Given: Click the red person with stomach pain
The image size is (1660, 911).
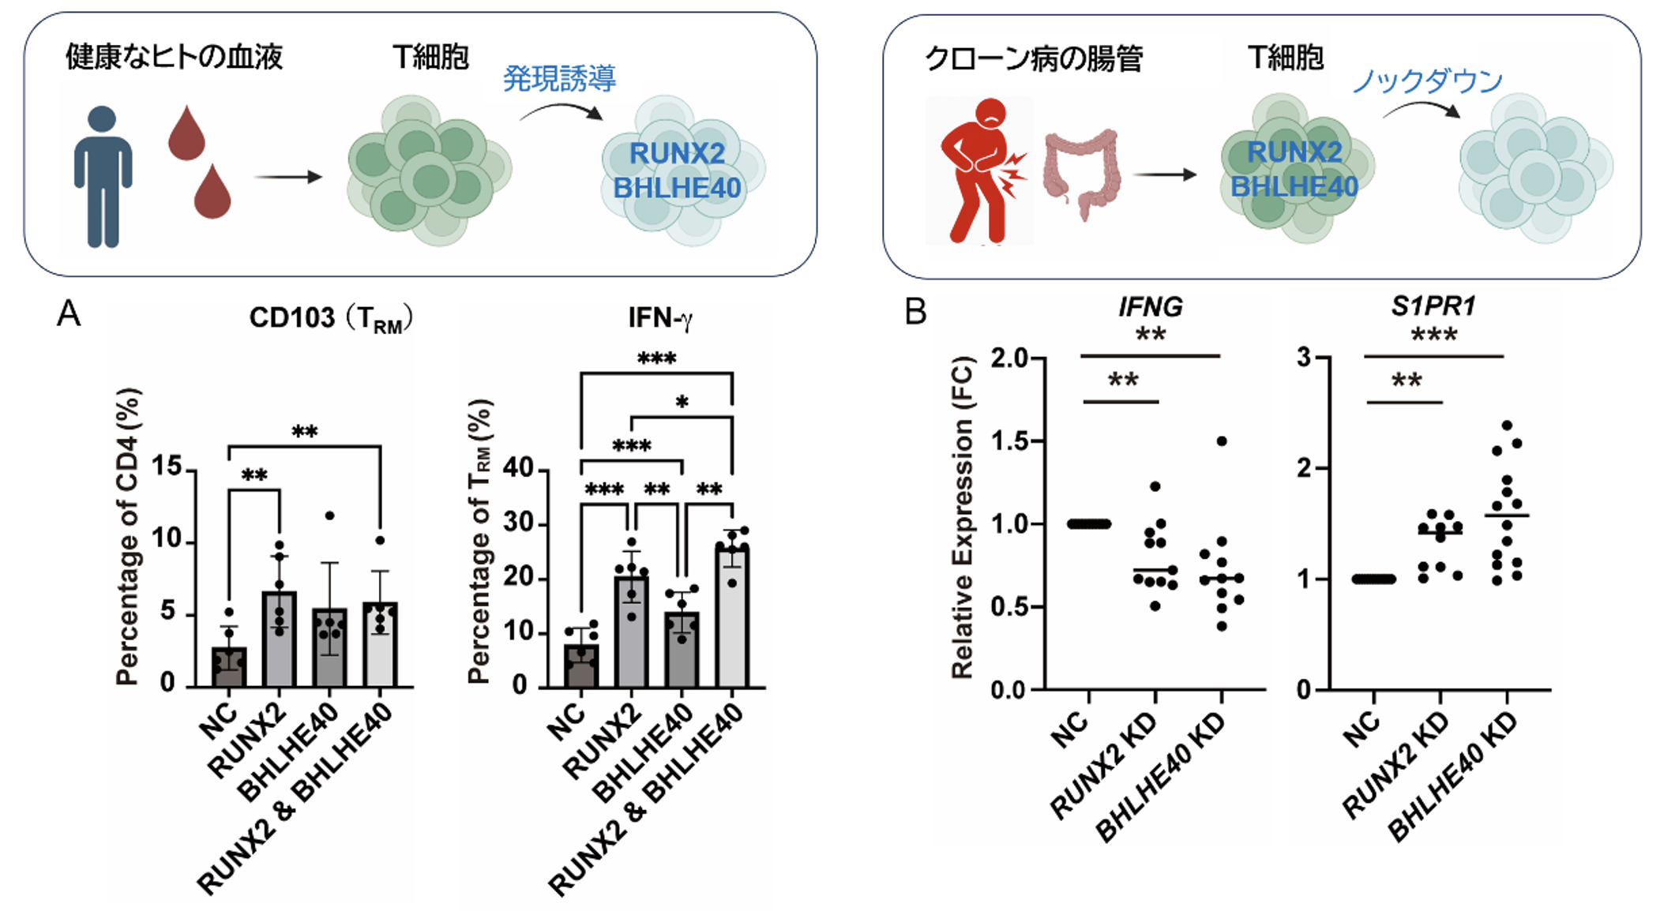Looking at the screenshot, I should tap(980, 170).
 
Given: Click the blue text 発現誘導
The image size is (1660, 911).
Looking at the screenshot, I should tap(559, 78).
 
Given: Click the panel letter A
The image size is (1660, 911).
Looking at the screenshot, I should tap(69, 314).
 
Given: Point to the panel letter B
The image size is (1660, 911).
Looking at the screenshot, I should tap(915, 312).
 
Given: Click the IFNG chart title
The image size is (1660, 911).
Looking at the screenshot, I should tap(1150, 306).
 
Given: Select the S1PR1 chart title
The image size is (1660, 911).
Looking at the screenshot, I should tap(1433, 306).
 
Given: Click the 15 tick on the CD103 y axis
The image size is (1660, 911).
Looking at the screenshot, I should tap(167, 467).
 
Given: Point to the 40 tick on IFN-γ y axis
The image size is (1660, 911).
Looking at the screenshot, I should tap(518, 468).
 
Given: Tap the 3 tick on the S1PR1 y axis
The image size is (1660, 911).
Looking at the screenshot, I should tap(1303, 358).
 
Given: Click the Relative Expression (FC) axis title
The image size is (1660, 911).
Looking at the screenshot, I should tap(962, 517).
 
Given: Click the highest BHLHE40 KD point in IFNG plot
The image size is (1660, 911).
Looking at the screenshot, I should tap(1222, 441).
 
